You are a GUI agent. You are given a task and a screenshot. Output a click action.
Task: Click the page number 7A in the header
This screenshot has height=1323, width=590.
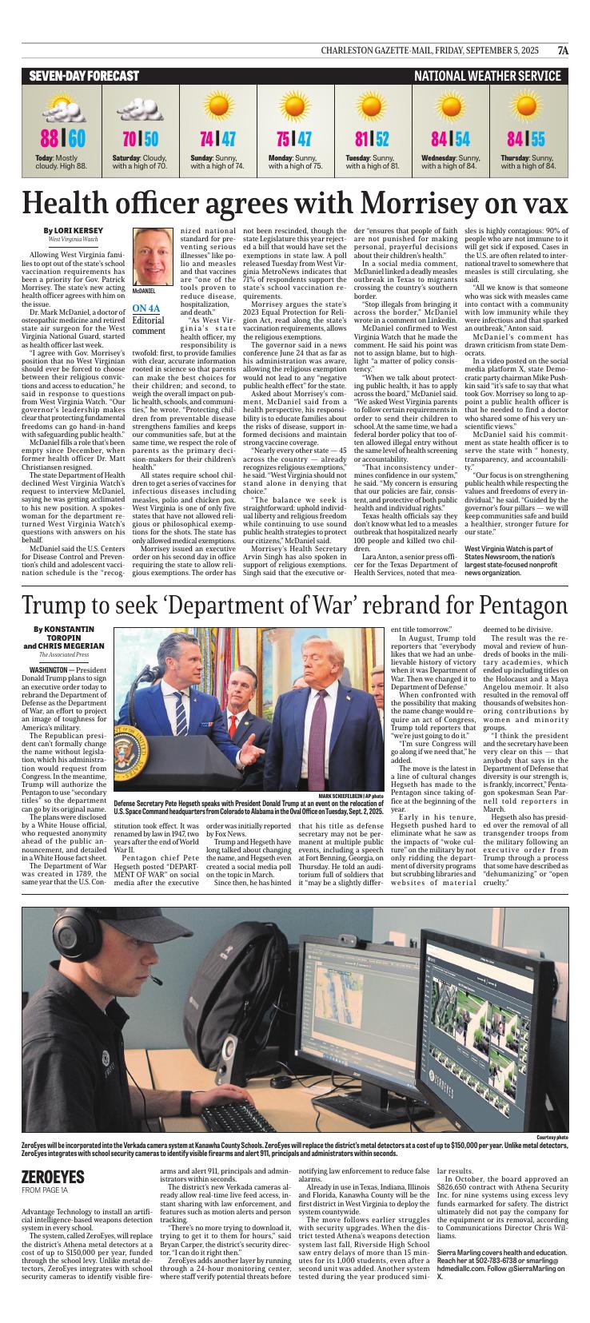pos(563,50)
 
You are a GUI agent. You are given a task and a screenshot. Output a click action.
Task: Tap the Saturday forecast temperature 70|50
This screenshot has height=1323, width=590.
pos(140,139)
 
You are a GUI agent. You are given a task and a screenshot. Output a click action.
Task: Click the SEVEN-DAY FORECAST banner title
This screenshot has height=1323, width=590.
pos(84,76)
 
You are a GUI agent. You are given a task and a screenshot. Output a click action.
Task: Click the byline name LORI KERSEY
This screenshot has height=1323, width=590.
pos(79,230)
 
